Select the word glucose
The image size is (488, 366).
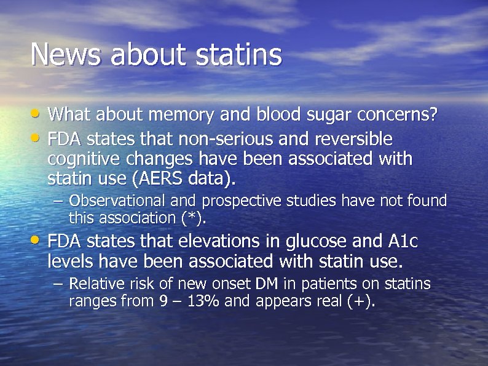(303, 240)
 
